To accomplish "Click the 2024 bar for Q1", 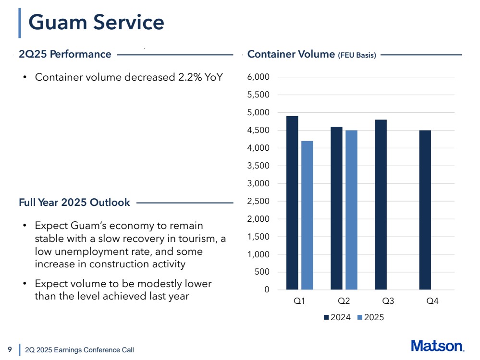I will (292, 203).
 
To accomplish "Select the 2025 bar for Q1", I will (307, 215).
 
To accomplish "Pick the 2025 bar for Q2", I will (351, 210).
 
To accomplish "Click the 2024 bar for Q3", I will (381, 204).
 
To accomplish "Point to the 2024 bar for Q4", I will (425, 210).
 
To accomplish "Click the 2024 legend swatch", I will (327, 317).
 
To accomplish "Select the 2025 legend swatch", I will (360, 317).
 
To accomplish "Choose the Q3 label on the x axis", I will (388, 301).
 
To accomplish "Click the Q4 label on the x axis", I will (432, 301).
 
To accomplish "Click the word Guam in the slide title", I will (57, 22).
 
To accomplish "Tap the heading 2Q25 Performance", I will (65, 54).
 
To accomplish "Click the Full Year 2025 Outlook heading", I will (74, 203).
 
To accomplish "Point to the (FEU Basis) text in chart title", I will (357, 55).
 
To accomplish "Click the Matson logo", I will (437, 346).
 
